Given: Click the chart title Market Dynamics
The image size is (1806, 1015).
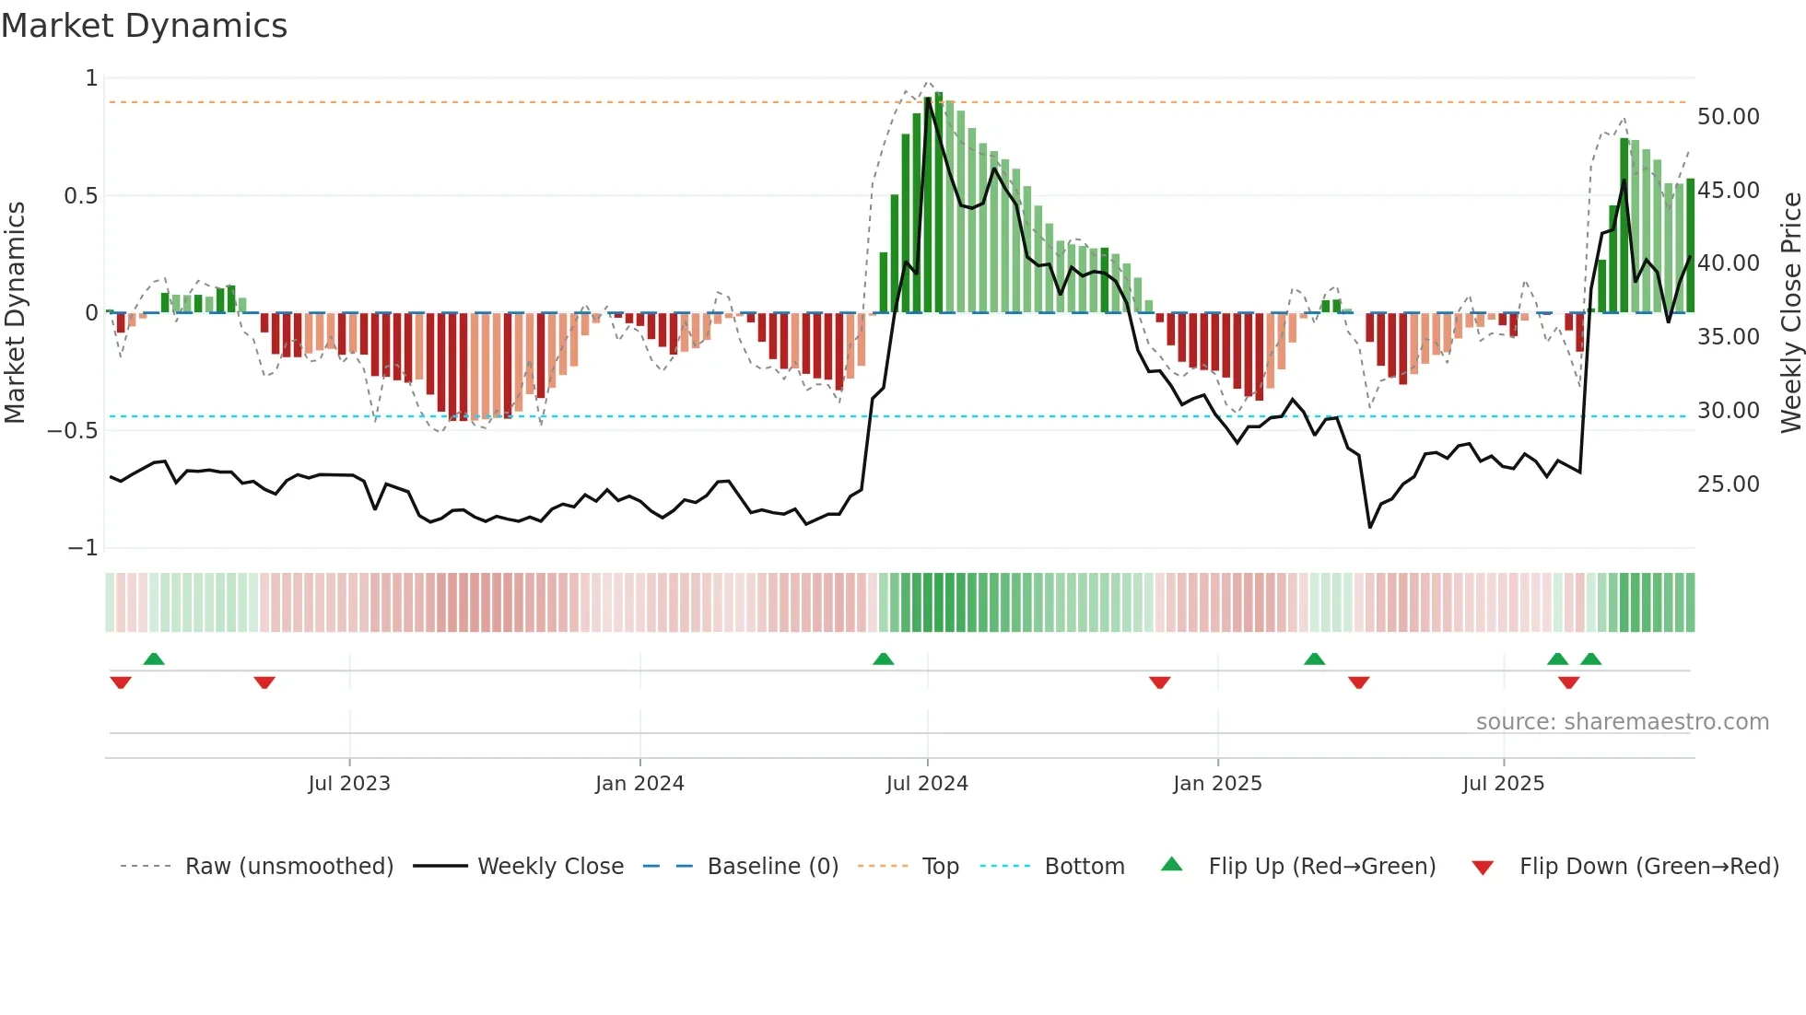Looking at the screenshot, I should pyautogui.click(x=144, y=26).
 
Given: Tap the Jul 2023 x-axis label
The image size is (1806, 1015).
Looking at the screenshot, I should pyautogui.click(x=349, y=784).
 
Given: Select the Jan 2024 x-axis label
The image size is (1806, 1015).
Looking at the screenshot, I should pyautogui.click(x=639, y=784).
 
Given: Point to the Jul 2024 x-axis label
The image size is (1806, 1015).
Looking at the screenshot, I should pyautogui.click(x=927, y=784).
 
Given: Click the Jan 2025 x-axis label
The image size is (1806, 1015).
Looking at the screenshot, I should pyautogui.click(x=1217, y=784).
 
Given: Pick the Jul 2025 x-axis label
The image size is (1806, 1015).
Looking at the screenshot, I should pyautogui.click(x=1503, y=784).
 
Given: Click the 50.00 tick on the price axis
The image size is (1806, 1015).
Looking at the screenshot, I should pyautogui.click(x=1728, y=117).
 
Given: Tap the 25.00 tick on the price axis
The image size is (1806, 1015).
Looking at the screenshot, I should pyautogui.click(x=1728, y=484).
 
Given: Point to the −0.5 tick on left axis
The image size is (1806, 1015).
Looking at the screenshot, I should pyautogui.click(x=73, y=431).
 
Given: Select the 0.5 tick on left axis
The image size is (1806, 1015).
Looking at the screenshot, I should pyautogui.click(x=80, y=196).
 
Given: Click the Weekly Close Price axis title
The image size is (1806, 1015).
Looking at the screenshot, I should pyautogui.click(x=1790, y=312).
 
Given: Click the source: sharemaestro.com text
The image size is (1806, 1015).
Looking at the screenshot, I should pyautogui.click(x=1622, y=722).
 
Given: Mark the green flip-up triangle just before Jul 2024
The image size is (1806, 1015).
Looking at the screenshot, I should pyautogui.click(x=883, y=659).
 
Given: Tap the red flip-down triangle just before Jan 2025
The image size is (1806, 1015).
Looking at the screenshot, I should pyautogui.click(x=1159, y=682).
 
